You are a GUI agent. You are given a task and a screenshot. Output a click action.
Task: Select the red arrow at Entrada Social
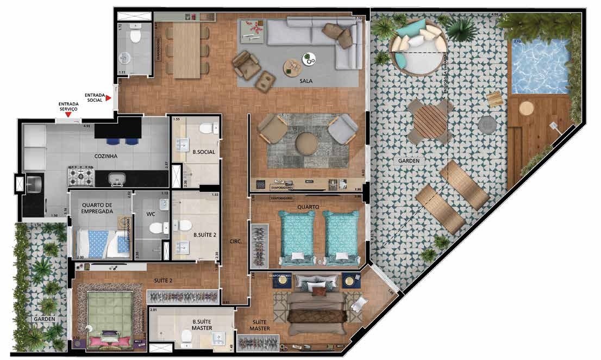click(109, 98)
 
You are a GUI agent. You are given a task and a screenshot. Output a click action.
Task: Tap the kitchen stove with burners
click(81, 175)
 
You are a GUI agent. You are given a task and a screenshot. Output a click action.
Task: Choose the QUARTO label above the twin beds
click(308, 207)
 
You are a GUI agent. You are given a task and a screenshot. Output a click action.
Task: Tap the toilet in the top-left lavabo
click(135, 35)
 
